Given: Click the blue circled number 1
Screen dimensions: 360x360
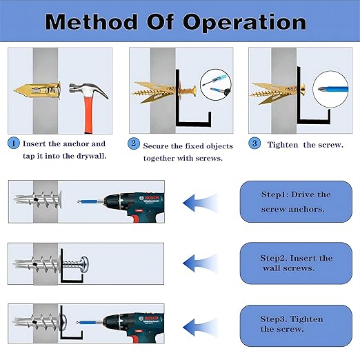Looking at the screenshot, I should click(x=14, y=144).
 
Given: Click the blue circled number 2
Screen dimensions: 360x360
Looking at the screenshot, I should click(x=134, y=145).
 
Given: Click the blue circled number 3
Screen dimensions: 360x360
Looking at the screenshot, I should click(x=254, y=144).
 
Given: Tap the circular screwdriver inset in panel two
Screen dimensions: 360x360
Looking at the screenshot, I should click(x=215, y=85).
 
